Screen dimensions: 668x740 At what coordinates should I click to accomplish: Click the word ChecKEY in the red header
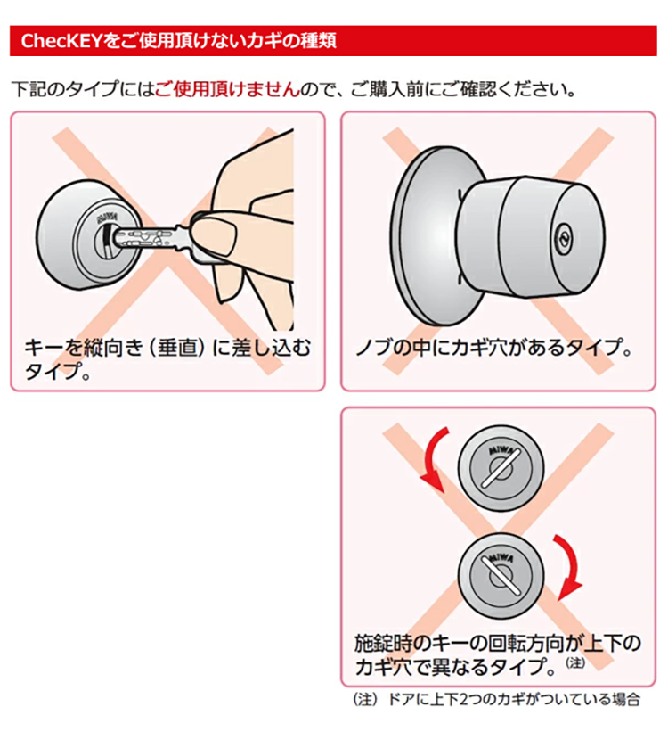[61, 41]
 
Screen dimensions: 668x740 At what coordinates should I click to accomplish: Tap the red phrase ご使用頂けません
[227, 89]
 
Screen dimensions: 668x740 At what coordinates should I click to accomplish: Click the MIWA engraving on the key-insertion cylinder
[107, 218]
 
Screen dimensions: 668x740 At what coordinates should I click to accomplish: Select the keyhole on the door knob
[561, 235]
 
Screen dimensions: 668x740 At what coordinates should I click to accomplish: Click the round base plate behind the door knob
[424, 236]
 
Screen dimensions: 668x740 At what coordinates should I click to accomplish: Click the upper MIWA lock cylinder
[501, 468]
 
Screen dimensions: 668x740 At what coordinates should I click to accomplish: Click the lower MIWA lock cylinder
[501, 576]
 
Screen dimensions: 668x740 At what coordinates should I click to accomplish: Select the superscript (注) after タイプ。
[575, 662]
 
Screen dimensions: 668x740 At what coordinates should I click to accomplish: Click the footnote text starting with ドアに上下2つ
[513, 699]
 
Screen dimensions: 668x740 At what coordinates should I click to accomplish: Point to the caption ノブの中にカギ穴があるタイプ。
[493, 348]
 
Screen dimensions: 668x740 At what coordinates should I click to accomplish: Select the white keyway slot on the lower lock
[501, 576]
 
